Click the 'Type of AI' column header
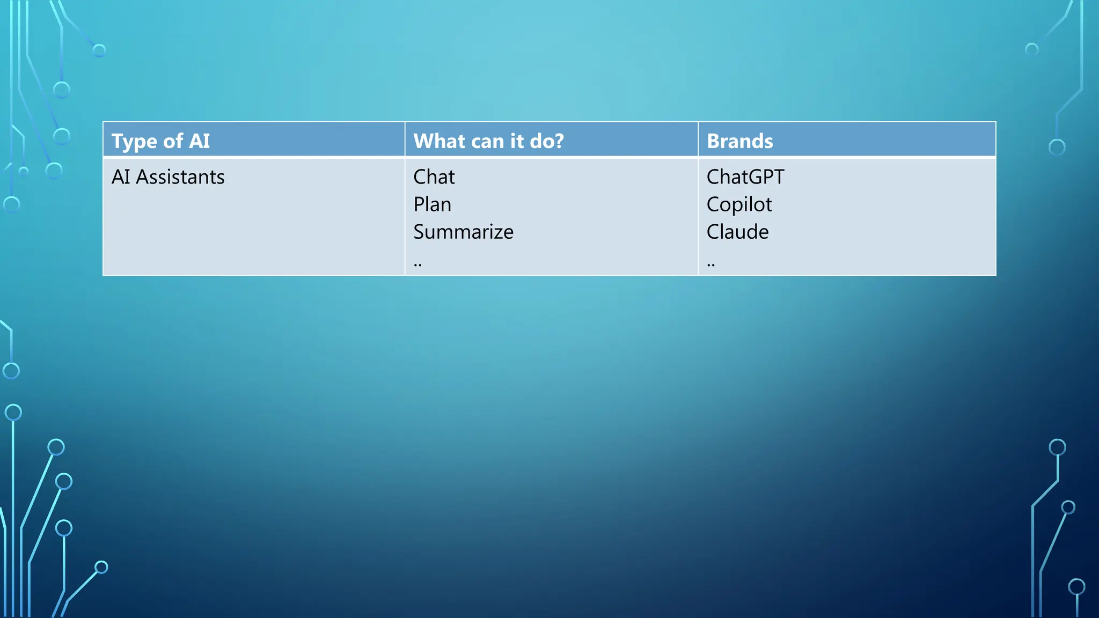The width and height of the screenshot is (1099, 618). tap(160, 141)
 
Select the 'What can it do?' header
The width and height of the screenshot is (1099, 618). tap(488, 141)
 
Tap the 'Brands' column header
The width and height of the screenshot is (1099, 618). tap(739, 141)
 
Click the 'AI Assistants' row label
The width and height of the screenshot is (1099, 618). tap(168, 177)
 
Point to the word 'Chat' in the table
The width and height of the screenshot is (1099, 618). tap(434, 177)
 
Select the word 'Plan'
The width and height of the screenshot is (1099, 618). tap(432, 204)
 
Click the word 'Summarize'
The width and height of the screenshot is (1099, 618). tap(463, 232)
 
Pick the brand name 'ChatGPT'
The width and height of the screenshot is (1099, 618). tap(745, 177)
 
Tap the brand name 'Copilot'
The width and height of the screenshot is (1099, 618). tap(739, 204)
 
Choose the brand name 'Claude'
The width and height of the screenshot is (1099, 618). tap(737, 232)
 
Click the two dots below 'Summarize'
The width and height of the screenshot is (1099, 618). tap(417, 264)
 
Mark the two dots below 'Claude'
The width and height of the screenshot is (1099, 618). tap(710, 264)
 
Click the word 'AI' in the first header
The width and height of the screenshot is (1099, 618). tap(199, 141)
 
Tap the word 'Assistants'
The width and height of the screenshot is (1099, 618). tap(180, 177)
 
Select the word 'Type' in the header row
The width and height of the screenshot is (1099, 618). tap(134, 142)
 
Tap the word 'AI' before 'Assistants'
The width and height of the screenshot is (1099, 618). tap(121, 177)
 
